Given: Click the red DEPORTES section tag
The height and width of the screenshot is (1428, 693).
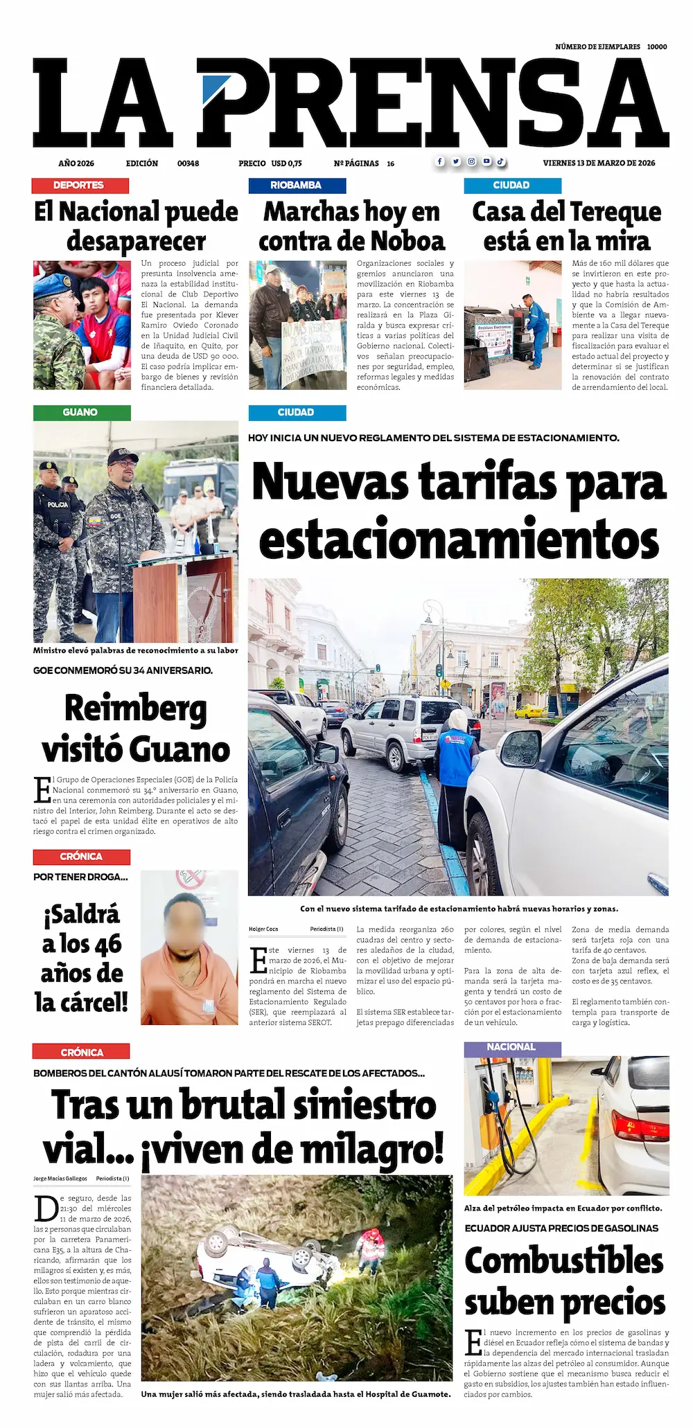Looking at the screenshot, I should coord(80,186).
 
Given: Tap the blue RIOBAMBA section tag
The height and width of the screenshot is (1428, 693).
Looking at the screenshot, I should coord(297,186).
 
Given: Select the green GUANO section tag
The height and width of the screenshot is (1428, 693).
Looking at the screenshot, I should coord(81,413).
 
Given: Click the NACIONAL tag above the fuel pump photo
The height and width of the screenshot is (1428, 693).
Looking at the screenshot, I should coord(511,1047).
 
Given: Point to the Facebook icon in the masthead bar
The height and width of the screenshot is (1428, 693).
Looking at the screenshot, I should coord(440,162).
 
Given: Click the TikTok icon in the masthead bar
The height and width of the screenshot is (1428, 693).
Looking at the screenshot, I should coord(500,162).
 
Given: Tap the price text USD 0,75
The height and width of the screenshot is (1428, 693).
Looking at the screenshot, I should coord(286,163).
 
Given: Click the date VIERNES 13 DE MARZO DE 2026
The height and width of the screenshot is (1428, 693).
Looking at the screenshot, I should coord(599,163).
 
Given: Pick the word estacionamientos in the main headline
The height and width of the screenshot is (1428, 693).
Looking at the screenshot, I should coord(458,541).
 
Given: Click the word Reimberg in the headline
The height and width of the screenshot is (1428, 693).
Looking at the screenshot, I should coord(136,708).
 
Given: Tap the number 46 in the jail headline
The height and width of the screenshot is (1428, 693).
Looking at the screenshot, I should coord(106,944).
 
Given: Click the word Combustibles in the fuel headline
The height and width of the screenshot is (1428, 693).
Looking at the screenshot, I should coord(564,1260).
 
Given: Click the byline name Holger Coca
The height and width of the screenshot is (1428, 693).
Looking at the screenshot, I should coord(263,929).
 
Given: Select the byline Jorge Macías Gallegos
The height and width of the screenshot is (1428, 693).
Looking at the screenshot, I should coord(60,1178).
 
